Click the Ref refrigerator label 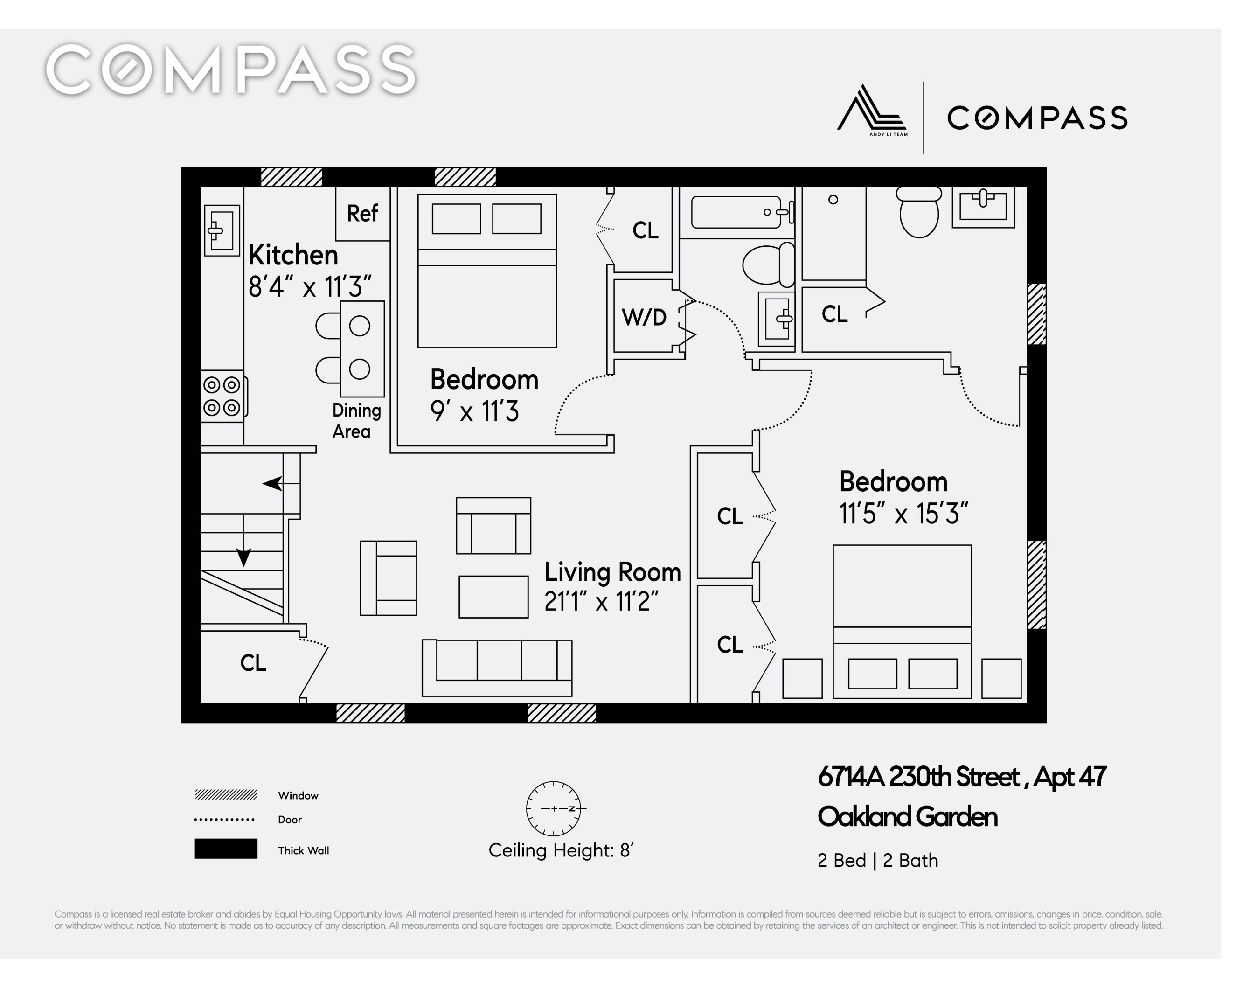coord(362,214)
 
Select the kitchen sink coord(222,230)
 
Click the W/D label coord(644,317)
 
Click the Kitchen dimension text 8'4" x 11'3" coord(309,286)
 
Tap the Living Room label coord(612,572)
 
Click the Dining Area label coord(356,421)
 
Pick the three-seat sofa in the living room coord(497,668)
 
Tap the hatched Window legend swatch coord(226,795)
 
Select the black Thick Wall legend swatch coord(226,849)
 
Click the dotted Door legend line coord(224,820)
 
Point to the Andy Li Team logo coord(872,110)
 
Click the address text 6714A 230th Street coord(918,777)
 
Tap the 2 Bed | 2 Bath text coord(877,861)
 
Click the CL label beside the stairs coord(253,663)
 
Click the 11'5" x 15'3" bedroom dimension coord(903,513)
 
